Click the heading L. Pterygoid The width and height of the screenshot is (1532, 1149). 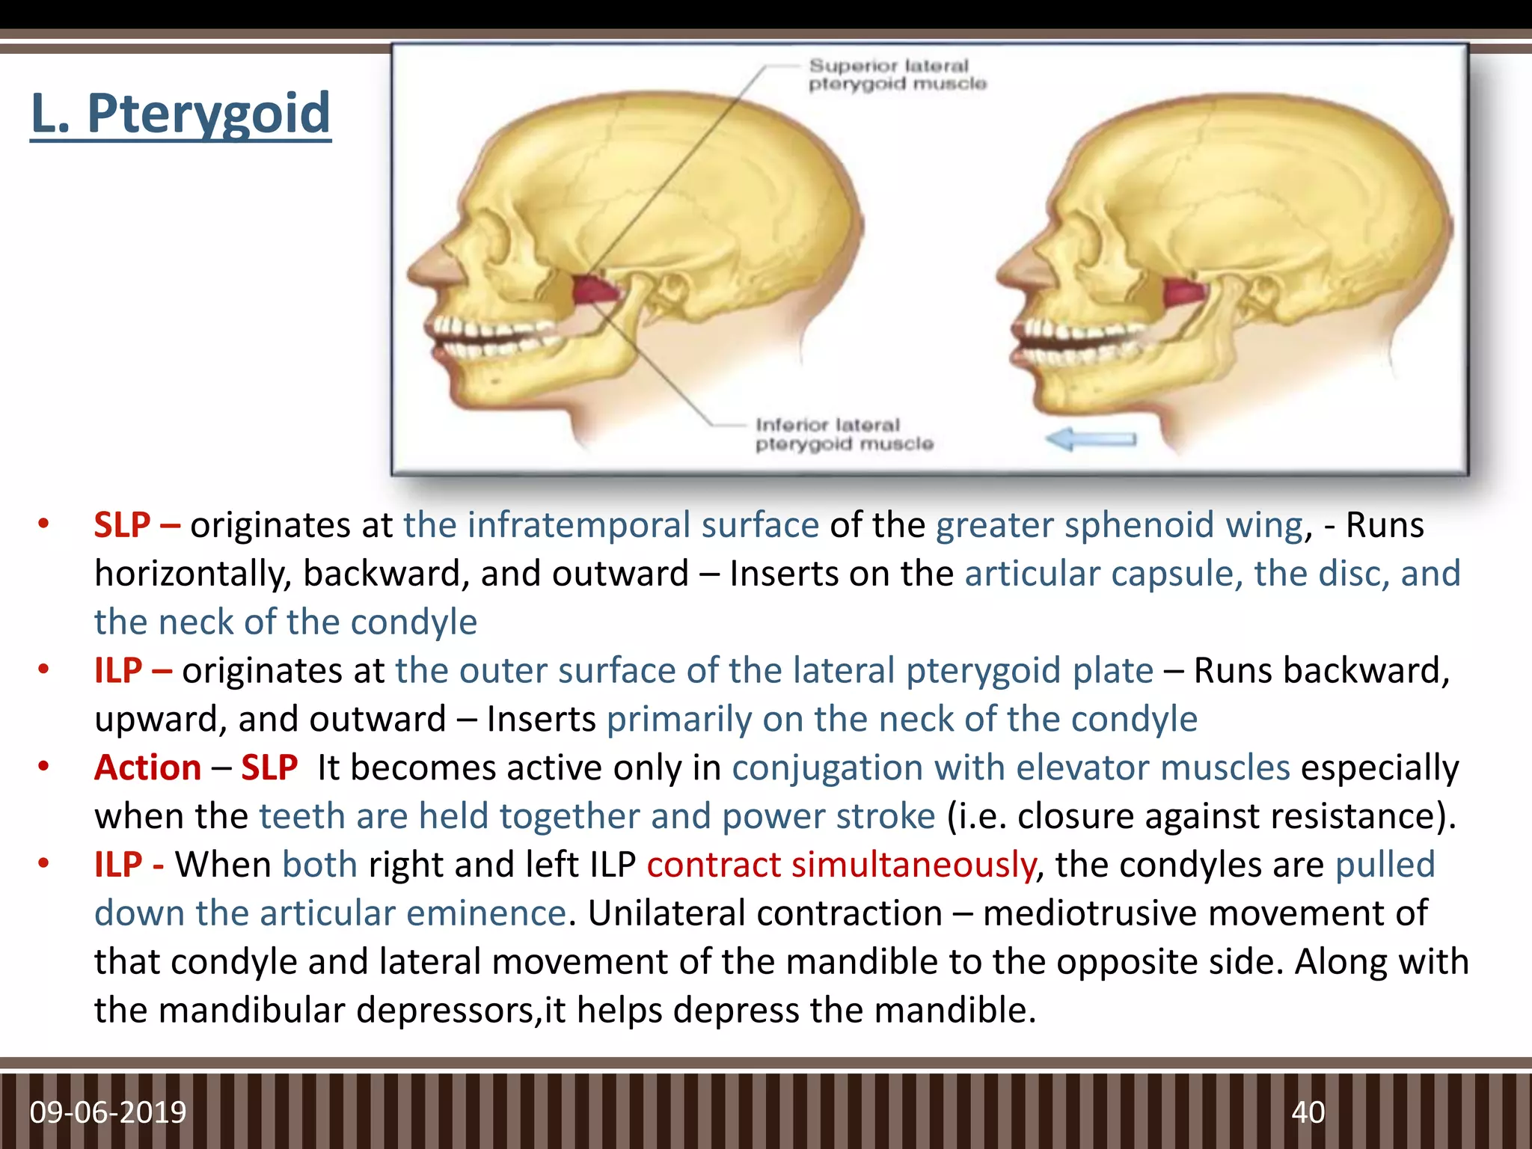[x=180, y=114]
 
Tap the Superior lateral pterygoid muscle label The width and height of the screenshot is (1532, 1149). [x=896, y=75]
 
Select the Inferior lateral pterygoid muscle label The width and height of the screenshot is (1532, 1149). [x=844, y=435]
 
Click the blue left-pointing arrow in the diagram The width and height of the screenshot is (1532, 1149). [x=1090, y=439]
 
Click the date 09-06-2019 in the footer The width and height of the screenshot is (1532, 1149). [x=108, y=1112]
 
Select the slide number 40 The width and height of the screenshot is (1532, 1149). [x=1308, y=1112]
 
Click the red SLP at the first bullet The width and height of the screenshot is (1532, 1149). [x=122, y=525]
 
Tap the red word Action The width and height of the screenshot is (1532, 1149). [x=148, y=767]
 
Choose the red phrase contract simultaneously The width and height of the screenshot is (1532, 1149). [x=841, y=865]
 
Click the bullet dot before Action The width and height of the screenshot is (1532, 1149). [x=44, y=767]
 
